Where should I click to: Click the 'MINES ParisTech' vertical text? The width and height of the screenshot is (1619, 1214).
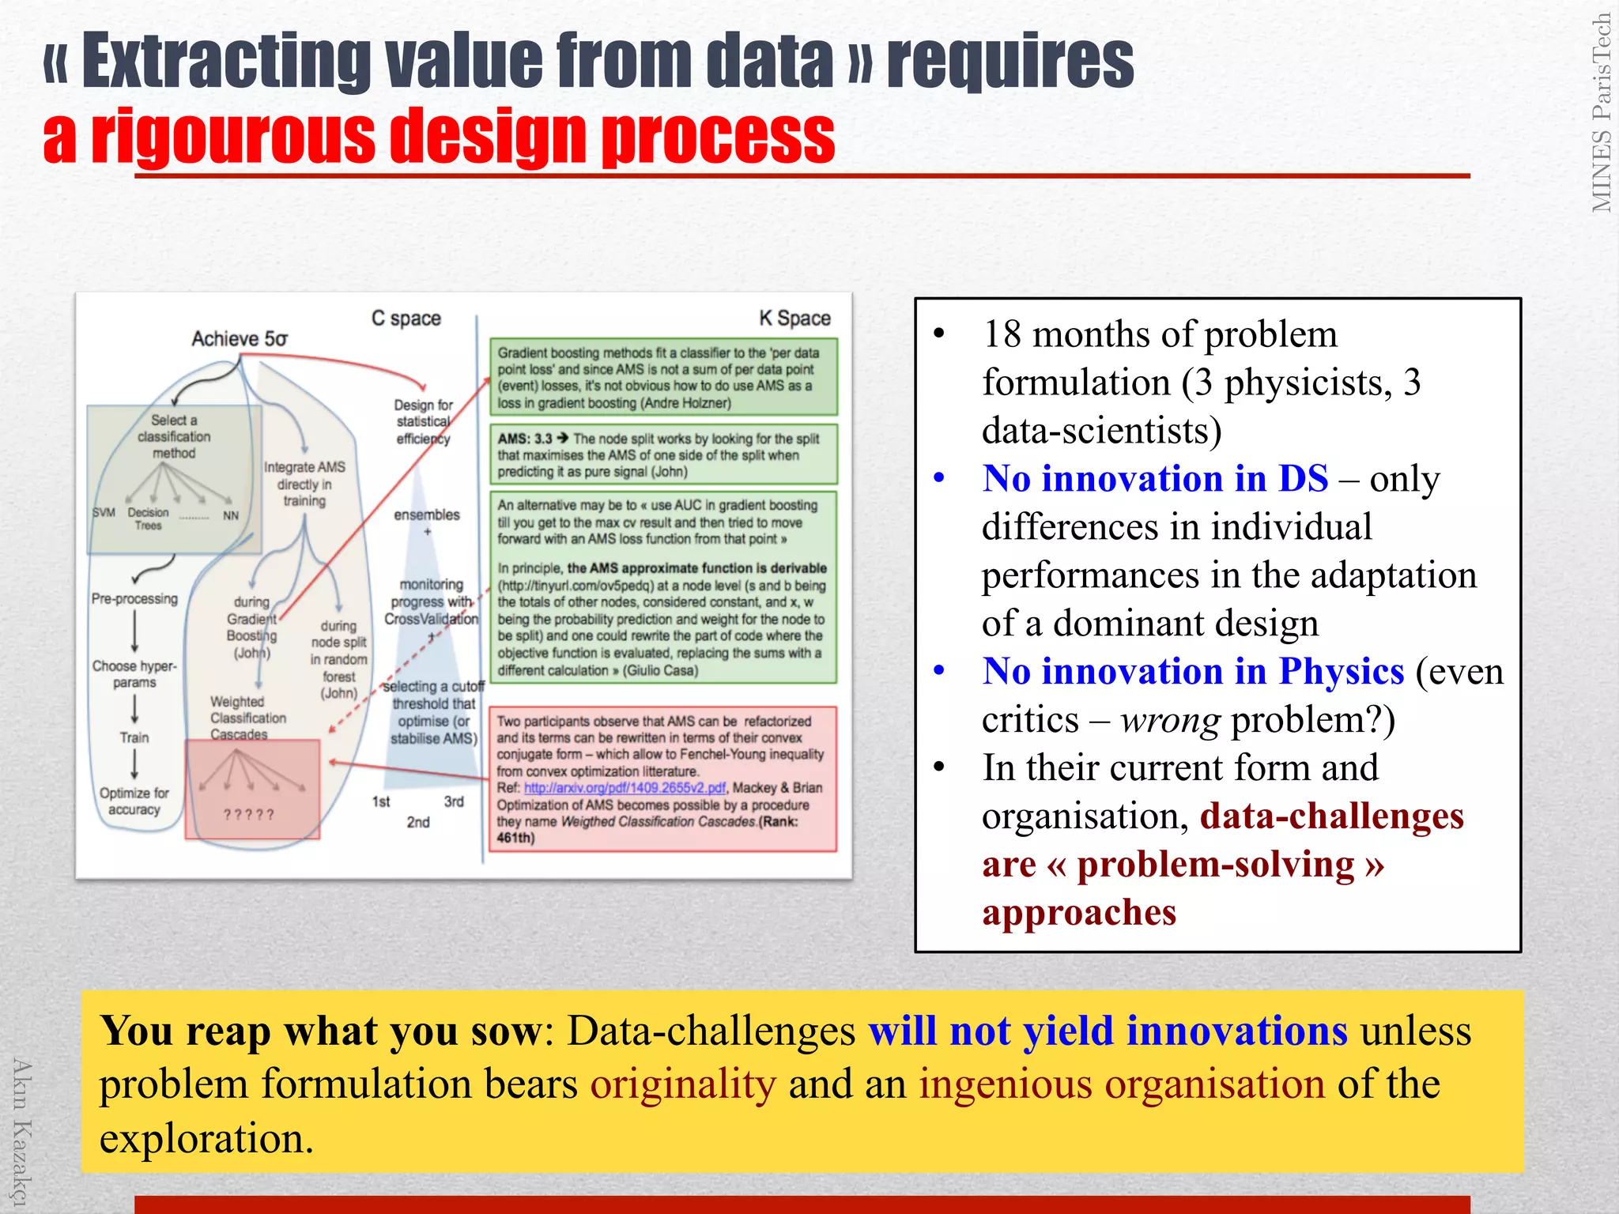pos(1601,113)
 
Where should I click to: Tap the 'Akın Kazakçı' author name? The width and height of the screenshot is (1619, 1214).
pos(21,1130)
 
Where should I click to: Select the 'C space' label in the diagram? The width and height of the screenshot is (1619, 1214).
pos(406,319)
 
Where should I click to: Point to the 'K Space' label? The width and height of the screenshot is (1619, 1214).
pos(794,319)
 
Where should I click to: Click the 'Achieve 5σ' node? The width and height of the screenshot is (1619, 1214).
pos(240,339)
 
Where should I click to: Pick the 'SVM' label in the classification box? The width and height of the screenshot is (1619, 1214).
pos(104,513)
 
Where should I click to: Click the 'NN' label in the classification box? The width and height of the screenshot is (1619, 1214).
pos(230,516)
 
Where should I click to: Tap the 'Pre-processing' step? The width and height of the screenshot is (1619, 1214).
pos(134,599)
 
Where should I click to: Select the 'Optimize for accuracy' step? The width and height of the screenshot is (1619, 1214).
pos(134,801)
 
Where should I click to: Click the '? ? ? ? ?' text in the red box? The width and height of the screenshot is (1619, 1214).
pos(248,815)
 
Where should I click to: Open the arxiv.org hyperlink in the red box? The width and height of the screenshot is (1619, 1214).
pos(625,788)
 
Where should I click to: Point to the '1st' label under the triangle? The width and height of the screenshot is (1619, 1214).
pos(381,802)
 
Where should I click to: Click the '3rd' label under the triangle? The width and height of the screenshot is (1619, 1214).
pos(454,802)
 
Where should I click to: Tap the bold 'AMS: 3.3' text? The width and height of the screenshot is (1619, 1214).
pos(525,439)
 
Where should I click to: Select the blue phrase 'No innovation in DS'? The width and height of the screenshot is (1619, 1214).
pos(1155,479)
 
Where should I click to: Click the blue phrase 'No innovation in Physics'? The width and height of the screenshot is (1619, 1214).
pos(1193,672)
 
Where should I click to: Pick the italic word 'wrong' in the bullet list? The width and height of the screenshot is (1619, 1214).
pos(1170,720)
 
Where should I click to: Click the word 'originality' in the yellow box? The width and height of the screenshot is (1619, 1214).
pos(683,1084)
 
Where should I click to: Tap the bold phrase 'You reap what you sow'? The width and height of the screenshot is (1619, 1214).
pos(322,1031)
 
